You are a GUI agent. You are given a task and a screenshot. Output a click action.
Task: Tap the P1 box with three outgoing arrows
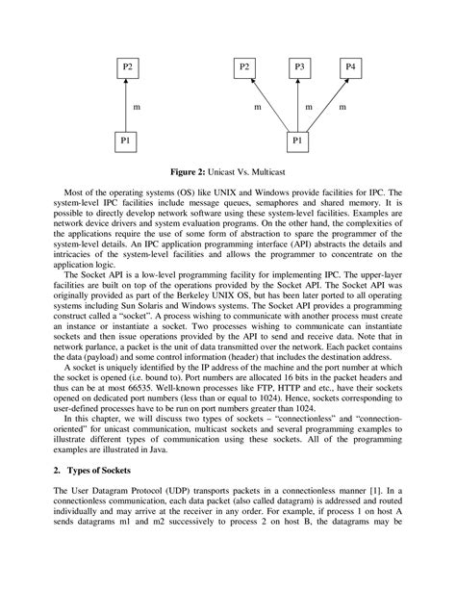[x=300, y=141]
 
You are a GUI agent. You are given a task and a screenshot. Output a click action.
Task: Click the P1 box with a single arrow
[x=129, y=141]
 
